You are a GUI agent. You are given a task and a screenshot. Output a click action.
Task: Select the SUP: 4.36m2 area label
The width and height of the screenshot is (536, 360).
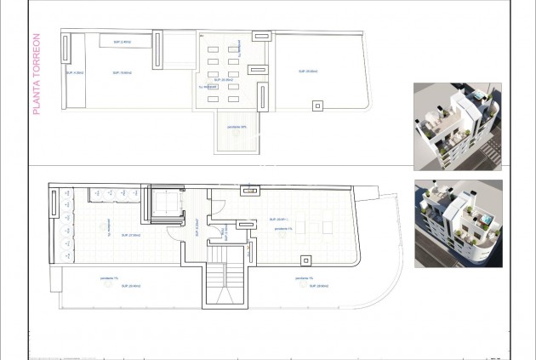[x=77, y=74]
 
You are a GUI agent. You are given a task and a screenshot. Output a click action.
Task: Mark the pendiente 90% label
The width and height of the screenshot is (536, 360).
[x=237, y=128]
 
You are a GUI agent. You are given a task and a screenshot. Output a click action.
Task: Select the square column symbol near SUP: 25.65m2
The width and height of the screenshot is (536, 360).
[x=317, y=106]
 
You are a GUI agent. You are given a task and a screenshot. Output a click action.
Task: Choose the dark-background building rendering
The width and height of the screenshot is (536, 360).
[x=458, y=223]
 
